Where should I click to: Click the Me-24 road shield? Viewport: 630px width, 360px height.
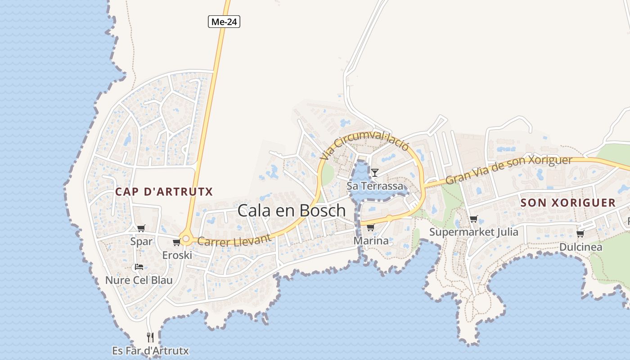click(x=224, y=21)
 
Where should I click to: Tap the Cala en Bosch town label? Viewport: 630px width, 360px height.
click(x=292, y=210)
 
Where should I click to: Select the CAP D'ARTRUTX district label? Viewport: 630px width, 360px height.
click(x=164, y=192)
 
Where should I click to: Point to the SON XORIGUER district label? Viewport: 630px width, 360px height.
click(x=568, y=202)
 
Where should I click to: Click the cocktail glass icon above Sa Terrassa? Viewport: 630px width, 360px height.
click(x=374, y=172)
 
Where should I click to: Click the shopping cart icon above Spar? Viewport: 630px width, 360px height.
click(x=141, y=228)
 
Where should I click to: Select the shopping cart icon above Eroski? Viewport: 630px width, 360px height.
click(x=176, y=243)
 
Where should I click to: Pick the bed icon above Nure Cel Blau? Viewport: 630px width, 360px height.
click(x=139, y=267)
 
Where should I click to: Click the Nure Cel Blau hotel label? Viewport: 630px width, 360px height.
click(x=139, y=280)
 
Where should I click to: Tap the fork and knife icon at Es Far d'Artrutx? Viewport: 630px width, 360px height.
click(x=150, y=337)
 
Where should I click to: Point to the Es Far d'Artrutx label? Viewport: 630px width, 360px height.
click(x=150, y=351)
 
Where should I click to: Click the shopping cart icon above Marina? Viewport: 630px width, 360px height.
click(x=370, y=227)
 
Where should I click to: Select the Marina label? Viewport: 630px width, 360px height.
click(x=371, y=241)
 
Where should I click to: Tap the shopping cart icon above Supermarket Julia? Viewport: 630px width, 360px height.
click(x=473, y=219)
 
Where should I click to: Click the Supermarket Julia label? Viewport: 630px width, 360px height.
click(x=473, y=232)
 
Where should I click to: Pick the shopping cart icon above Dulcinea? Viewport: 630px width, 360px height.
click(x=580, y=234)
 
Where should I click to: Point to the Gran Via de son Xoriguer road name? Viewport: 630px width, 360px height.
click(x=508, y=170)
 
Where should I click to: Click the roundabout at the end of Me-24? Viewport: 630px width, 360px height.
click(x=185, y=239)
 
